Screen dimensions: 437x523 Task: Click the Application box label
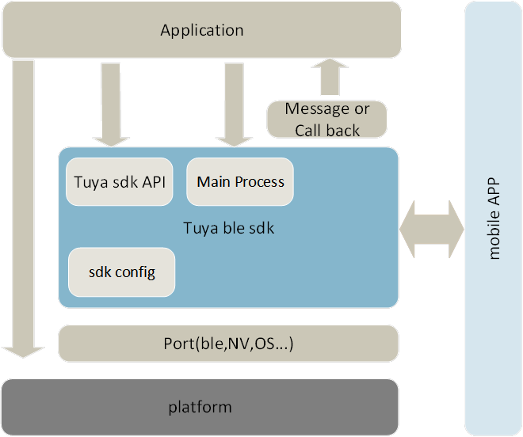202,31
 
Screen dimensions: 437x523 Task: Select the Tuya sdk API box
120,182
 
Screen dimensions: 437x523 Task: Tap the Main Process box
240,182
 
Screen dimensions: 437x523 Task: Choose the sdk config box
121,272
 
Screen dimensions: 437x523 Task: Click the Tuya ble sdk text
229,229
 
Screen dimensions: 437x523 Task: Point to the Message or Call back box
326,120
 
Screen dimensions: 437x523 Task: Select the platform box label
200,408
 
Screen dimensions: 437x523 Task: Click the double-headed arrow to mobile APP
431,229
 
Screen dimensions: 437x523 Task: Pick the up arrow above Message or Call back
327,78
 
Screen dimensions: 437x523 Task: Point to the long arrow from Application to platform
24,206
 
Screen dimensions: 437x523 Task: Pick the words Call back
327,131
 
